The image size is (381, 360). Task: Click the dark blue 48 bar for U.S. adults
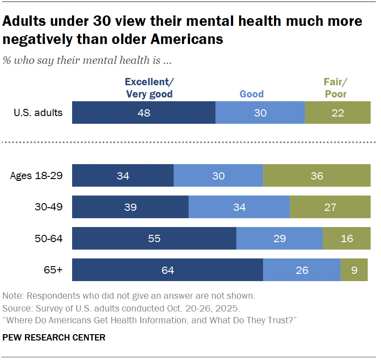click(x=144, y=113)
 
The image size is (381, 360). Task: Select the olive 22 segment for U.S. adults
click(x=337, y=113)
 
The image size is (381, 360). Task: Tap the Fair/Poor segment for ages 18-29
click(x=316, y=175)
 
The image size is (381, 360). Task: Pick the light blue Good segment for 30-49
click(x=239, y=207)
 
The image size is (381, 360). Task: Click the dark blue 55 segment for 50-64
click(x=154, y=238)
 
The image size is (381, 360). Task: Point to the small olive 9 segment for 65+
click(x=354, y=270)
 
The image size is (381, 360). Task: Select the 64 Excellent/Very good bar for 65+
click(x=167, y=270)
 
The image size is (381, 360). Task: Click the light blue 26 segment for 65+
click(x=302, y=270)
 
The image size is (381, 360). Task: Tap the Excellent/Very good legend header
click(x=149, y=88)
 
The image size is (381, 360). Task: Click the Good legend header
click(x=252, y=94)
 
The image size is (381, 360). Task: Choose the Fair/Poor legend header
click(x=336, y=88)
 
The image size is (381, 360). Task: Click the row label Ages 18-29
click(x=36, y=176)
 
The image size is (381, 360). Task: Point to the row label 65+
click(x=54, y=270)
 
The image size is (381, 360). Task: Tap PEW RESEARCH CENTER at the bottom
click(x=54, y=337)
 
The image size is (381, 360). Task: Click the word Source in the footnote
click(x=15, y=308)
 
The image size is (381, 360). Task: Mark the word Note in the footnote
click(x=12, y=296)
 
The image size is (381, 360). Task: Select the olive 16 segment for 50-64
click(x=347, y=238)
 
